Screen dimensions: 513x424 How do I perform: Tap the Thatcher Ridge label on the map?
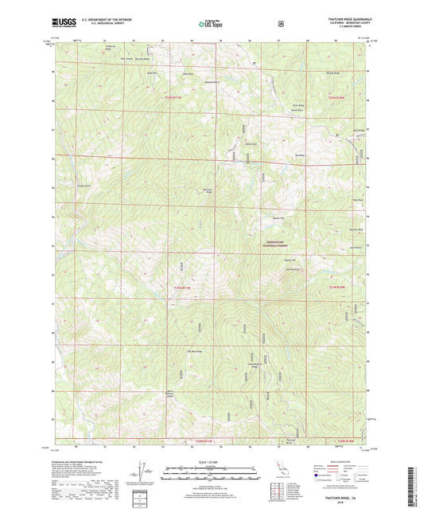tap(207, 190)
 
